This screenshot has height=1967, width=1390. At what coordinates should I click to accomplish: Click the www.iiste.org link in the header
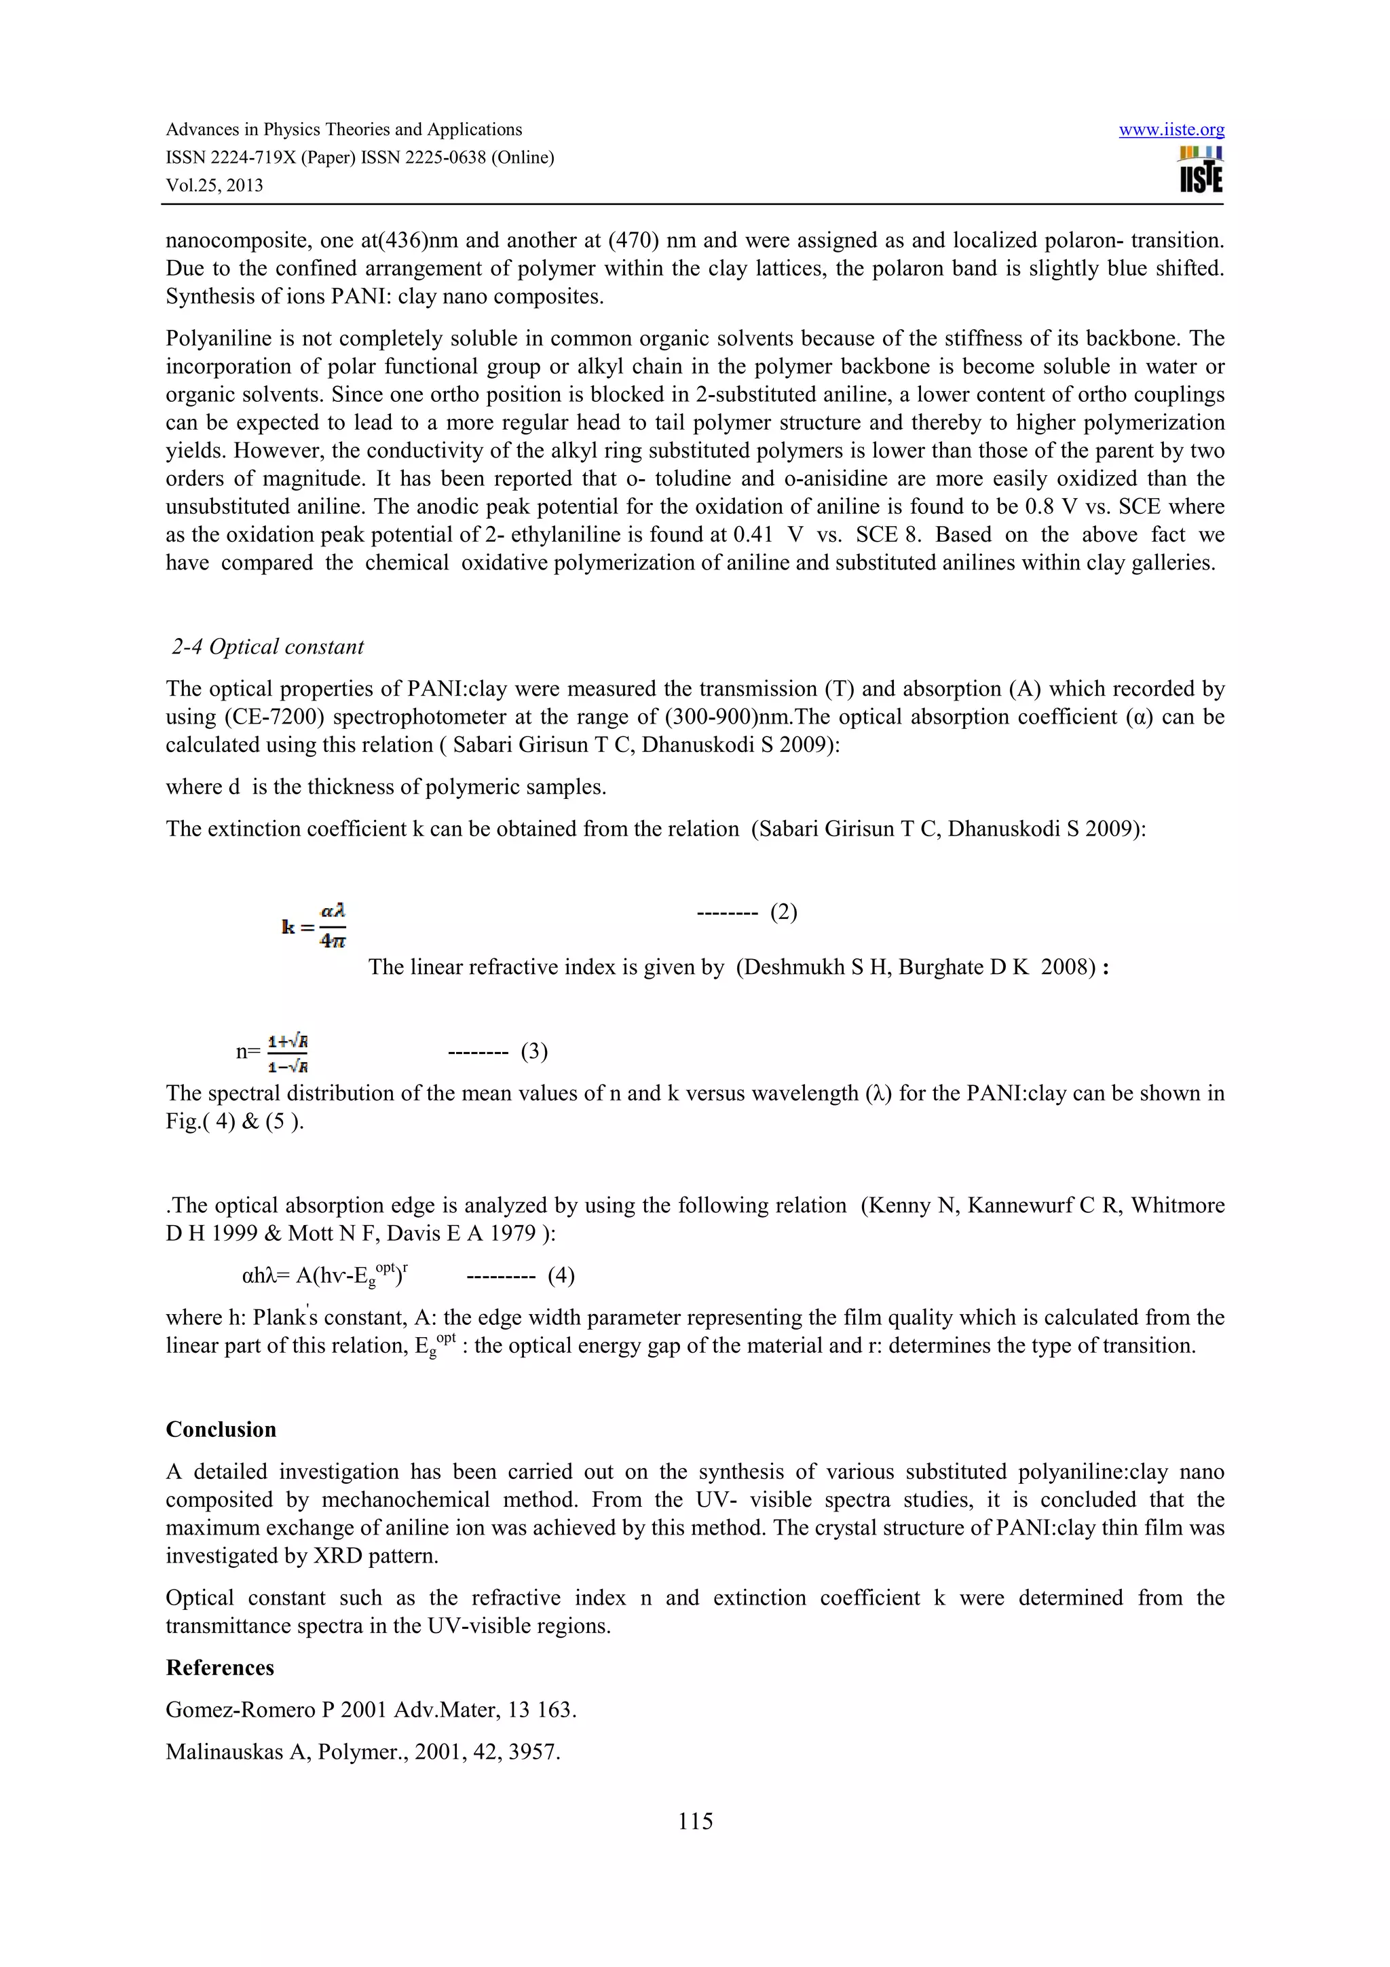[x=1171, y=130]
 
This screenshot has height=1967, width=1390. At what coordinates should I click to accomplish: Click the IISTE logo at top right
[x=1200, y=170]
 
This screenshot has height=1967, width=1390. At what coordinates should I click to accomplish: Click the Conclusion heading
[x=221, y=1429]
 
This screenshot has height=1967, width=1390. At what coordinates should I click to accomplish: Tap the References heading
[x=220, y=1667]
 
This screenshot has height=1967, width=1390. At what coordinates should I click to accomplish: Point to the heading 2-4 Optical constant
[x=267, y=647]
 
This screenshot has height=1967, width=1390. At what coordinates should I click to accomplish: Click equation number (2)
[x=783, y=912]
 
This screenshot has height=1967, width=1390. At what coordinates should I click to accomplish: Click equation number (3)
[x=533, y=1051]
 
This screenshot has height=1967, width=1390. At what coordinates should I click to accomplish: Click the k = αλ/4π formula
[x=315, y=926]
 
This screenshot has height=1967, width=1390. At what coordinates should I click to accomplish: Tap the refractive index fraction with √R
[x=288, y=1053]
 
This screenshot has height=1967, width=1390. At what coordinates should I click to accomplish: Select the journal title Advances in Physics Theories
[x=343, y=130]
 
